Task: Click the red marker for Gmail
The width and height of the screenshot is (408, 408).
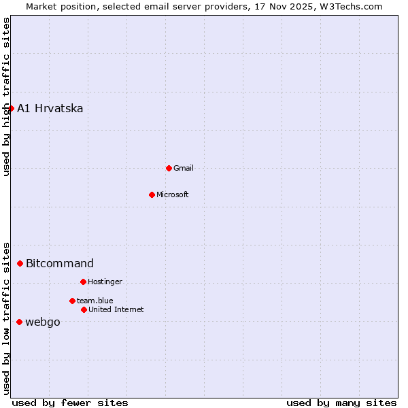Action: point(169,168)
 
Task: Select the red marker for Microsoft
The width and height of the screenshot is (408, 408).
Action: point(152,194)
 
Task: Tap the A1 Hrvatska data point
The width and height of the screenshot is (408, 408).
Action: point(11,108)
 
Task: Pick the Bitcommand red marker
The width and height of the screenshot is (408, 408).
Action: point(20,263)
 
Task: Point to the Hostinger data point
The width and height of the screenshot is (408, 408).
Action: point(83,282)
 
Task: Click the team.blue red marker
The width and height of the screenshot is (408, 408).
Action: point(72,301)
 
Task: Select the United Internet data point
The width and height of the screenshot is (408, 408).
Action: point(84,309)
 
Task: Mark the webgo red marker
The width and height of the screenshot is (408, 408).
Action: point(19,322)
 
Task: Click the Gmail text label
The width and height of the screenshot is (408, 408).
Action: point(184,168)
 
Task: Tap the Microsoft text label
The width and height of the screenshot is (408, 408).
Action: point(173,194)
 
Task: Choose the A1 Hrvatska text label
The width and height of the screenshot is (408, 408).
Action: point(50,109)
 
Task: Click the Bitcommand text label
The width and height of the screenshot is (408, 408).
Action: point(60,264)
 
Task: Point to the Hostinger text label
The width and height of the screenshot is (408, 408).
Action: point(105,282)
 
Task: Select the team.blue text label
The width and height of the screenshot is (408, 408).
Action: point(95,301)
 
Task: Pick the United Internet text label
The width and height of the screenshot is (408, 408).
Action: point(116,309)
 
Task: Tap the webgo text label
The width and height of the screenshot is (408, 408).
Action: point(43,322)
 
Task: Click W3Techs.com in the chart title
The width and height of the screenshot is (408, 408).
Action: point(352,6)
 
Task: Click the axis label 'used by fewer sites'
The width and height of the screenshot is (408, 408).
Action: point(70,403)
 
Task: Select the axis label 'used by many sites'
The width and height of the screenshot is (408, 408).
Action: point(341,403)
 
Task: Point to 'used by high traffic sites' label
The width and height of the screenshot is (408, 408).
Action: point(6,97)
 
